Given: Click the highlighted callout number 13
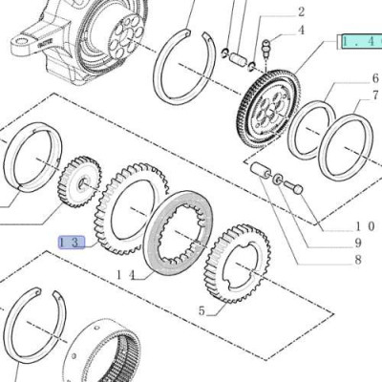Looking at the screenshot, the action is [x=72, y=243].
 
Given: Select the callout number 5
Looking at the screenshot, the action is [x=202, y=310].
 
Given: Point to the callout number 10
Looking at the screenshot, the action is [x=364, y=226].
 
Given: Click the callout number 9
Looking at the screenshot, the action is [x=358, y=244].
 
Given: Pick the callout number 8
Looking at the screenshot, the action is [x=358, y=260].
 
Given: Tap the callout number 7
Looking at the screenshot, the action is [x=375, y=95].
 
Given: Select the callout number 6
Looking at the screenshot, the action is [x=375, y=78].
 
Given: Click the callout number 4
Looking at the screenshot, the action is [x=301, y=31].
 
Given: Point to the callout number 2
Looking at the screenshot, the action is [x=301, y=12].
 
